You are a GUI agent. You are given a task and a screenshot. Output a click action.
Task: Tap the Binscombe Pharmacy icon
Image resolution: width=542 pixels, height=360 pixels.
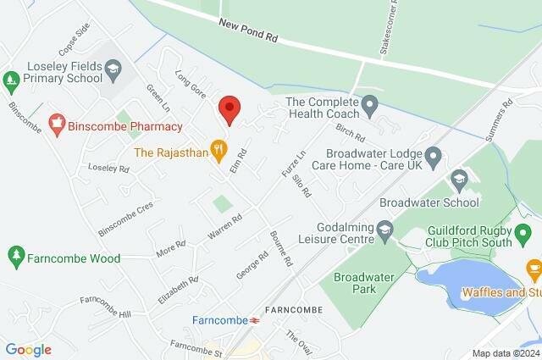58,126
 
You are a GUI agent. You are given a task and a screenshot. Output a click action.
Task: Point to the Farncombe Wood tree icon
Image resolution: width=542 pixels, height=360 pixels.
15,255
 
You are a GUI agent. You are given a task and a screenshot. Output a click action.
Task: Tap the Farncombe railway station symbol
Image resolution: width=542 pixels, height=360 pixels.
254,320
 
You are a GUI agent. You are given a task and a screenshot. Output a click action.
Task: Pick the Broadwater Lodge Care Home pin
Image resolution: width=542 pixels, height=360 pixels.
434,156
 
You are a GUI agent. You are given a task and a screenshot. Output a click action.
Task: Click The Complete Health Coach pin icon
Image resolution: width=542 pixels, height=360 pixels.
369,104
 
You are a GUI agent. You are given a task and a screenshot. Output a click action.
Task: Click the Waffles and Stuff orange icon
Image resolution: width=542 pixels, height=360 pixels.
534,269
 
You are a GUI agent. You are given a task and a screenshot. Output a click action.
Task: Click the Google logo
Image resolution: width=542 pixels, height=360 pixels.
28,350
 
